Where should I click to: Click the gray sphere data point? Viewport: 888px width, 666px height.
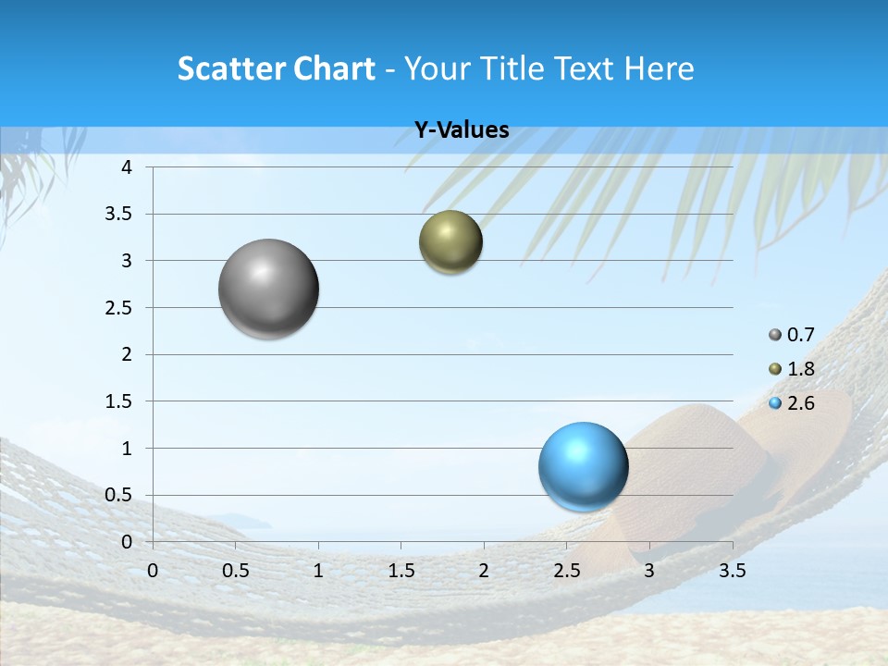(x=269, y=289)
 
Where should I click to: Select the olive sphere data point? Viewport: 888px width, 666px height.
(x=450, y=242)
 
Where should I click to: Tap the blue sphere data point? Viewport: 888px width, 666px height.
(x=583, y=466)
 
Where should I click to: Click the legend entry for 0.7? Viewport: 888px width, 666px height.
(x=792, y=335)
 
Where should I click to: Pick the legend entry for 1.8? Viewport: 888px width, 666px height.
(x=792, y=369)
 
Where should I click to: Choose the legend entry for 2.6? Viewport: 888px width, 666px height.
(x=792, y=403)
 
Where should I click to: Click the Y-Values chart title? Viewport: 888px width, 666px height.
(x=462, y=130)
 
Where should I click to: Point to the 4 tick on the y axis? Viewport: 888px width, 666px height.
(x=127, y=167)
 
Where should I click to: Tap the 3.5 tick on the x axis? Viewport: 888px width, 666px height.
(x=732, y=571)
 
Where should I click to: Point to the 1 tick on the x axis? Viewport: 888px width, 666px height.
(x=318, y=571)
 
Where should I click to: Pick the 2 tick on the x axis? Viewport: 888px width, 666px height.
(x=484, y=571)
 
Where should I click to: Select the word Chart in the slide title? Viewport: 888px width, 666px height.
(x=334, y=68)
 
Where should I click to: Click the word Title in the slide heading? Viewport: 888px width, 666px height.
(x=508, y=68)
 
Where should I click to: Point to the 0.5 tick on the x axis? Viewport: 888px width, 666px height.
(x=235, y=571)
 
